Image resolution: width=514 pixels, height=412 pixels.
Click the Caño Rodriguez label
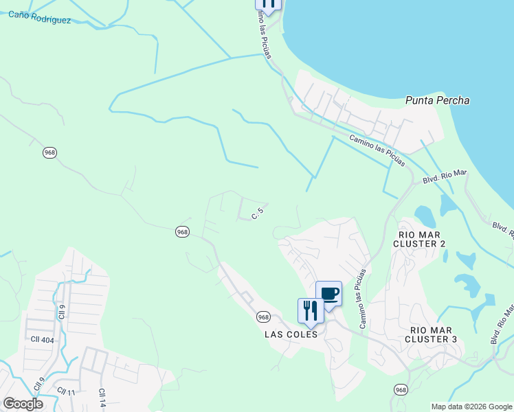[39, 17]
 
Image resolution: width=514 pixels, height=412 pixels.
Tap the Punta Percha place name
[438, 100]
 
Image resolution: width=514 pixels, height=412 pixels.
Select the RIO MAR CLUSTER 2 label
[422, 239]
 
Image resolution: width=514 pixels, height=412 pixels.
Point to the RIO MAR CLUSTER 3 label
[430, 334]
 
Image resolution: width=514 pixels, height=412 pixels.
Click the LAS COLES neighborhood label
[291, 334]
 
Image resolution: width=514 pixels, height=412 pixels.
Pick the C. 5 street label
[258, 215]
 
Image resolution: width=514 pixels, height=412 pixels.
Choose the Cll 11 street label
[66, 391]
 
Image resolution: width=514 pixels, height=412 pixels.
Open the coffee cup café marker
[328, 295]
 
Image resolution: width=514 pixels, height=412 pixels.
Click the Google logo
[23, 404]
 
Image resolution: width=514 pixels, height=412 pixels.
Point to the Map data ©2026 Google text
[471, 407]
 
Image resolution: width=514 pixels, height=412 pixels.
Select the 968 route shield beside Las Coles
[263, 317]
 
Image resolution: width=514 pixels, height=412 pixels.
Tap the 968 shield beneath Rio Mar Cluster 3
[401, 389]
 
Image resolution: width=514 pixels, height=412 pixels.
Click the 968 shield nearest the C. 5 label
[182, 232]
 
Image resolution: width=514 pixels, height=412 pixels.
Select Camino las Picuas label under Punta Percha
[377, 150]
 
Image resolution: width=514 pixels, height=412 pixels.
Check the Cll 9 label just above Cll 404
[61, 310]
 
